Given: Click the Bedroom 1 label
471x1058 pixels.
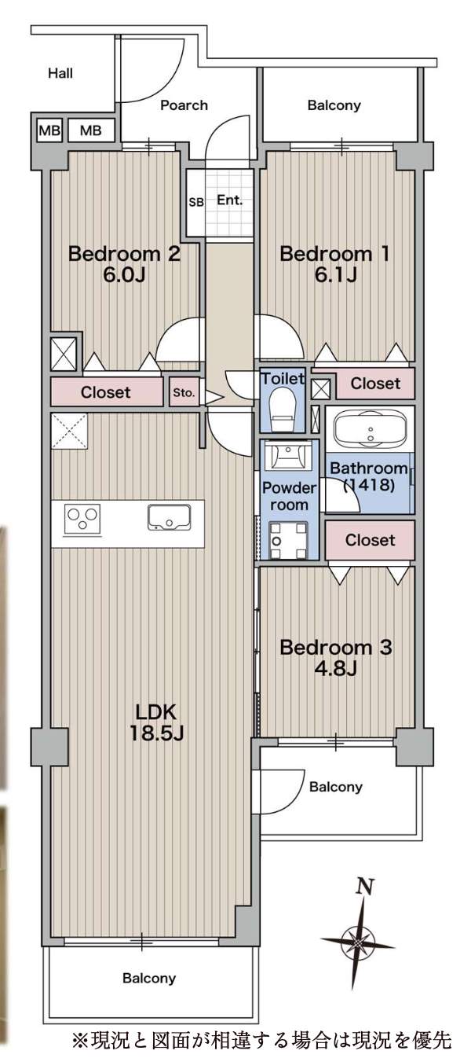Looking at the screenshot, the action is point(334,254).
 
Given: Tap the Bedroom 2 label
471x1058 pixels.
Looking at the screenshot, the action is point(125,254).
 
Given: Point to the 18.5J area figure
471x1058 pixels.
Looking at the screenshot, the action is point(156,733).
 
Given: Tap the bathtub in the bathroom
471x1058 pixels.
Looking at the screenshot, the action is point(370,429).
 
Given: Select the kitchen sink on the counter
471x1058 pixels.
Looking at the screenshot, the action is point(170,516).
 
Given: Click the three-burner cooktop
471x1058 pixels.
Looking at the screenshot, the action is point(82,519).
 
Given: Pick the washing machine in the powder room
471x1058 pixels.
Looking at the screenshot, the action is point(288,540).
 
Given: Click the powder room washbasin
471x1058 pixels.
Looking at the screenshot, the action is point(287,455).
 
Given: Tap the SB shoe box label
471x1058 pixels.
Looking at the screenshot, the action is point(196,202).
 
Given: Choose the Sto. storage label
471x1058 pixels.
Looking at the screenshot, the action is point(184,392).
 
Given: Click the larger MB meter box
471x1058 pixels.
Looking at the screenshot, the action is point(90,130).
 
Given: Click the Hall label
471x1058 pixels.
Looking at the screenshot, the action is point(60,73).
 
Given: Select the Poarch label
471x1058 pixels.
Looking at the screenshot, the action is point(184,105).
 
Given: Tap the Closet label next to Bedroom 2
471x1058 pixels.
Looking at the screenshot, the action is point(106,392).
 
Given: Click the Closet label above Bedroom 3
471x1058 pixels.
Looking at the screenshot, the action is point(370,539).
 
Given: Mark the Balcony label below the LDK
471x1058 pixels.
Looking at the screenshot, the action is point(149,977).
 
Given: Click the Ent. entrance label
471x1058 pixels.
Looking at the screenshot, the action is point(229,200).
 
